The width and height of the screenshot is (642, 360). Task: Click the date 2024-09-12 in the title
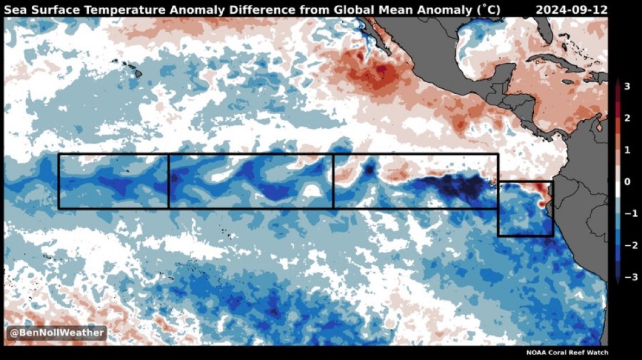(x=572, y=9)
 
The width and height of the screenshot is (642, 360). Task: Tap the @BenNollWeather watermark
(x=57, y=332)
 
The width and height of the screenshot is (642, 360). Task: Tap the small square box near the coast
(x=525, y=209)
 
